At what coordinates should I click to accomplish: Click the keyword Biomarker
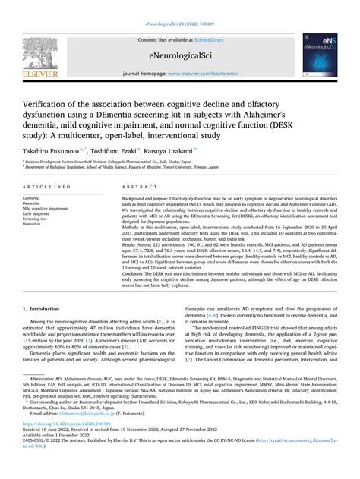coord(34,225)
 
